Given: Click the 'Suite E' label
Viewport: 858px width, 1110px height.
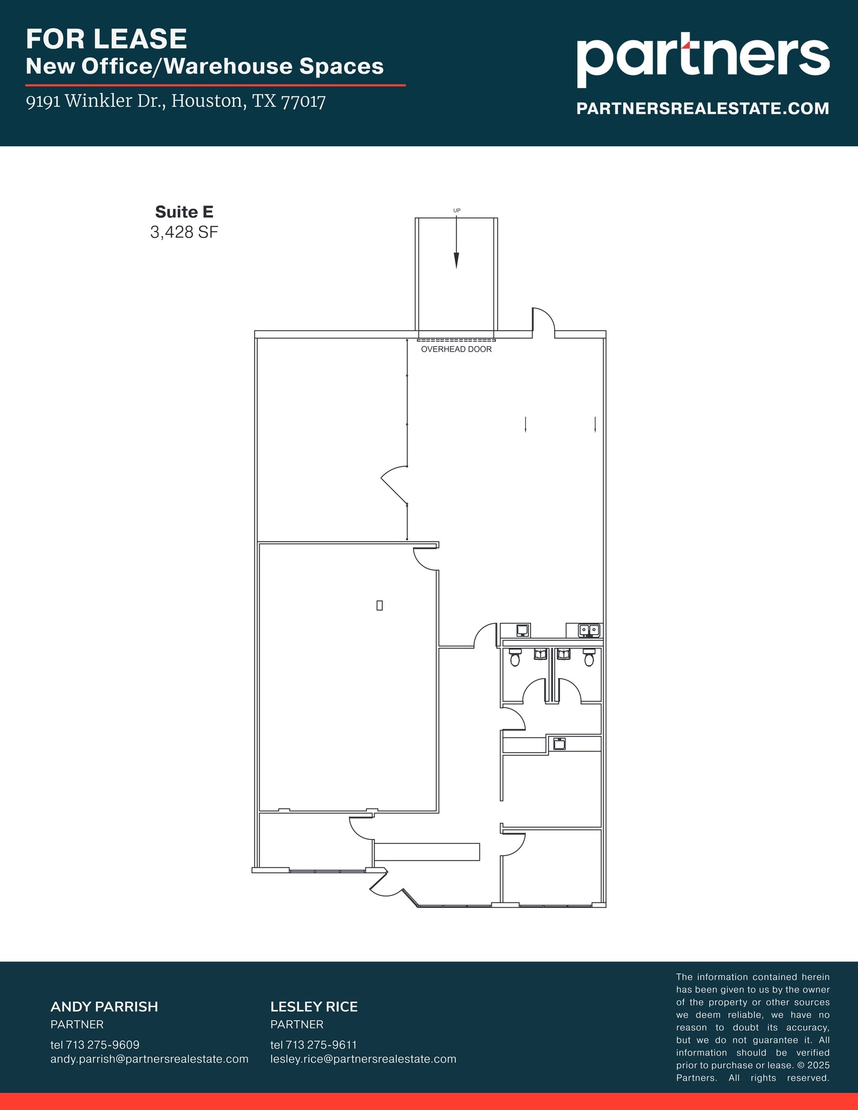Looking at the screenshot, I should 184,211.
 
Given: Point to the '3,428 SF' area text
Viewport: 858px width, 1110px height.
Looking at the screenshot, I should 184,233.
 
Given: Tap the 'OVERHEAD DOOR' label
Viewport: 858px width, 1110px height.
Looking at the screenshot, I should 456,350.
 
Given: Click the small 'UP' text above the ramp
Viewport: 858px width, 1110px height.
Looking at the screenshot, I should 456,210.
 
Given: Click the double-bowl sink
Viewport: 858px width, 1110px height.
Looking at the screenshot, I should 589,630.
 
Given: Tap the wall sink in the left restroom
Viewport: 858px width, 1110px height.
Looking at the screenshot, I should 541,654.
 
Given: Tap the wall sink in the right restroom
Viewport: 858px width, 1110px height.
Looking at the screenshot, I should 564,654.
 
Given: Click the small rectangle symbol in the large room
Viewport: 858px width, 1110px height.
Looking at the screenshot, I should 379,605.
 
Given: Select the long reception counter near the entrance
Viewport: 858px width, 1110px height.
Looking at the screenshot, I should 427,851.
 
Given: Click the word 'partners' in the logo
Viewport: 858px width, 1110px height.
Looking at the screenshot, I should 702,59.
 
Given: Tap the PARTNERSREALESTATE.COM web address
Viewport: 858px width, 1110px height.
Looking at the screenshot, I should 702,108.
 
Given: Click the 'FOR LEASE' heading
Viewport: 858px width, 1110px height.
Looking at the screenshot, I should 106,39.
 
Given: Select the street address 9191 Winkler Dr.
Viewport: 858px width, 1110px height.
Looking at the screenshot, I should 176,101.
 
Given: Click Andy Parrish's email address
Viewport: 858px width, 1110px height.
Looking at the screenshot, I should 149,1059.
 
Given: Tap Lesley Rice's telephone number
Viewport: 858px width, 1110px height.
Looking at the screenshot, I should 313,1044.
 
